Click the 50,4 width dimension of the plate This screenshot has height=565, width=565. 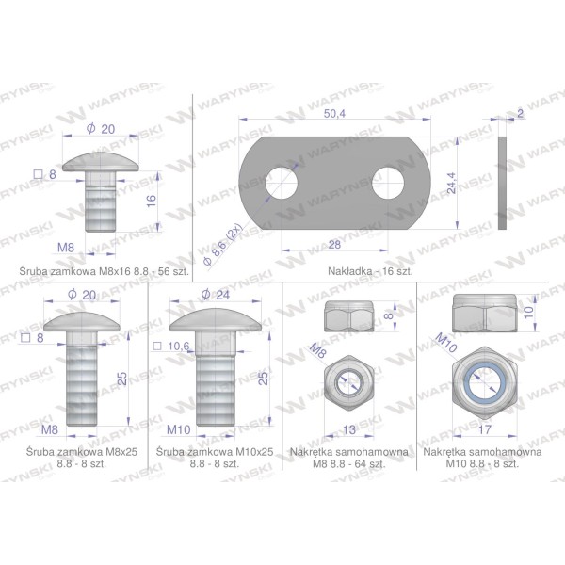click(334, 114)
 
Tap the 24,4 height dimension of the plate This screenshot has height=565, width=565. click(451, 183)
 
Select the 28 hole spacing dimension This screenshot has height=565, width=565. click(334, 245)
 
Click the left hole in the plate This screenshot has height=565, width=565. click(282, 183)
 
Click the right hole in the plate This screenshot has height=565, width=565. click(388, 183)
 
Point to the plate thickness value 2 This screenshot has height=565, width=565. click(520, 114)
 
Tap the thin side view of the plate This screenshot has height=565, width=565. click(502, 183)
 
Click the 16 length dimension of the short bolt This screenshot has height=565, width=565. click(152, 201)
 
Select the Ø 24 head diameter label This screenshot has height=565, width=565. click(216, 295)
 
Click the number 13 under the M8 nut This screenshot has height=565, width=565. click(349, 429)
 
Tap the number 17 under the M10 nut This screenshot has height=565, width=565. click(485, 429)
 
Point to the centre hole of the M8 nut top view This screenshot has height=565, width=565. click(349, 383)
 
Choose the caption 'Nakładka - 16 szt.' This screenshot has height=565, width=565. click(370, 271)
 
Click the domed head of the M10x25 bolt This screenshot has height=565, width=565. click(216, 321)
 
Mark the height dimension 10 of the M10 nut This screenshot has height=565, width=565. click(528, 313)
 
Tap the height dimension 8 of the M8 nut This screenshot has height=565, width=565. click(389, 316)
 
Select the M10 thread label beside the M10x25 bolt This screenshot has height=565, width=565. click(179, 429)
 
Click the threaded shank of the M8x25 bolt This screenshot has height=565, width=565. click(82, 385)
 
